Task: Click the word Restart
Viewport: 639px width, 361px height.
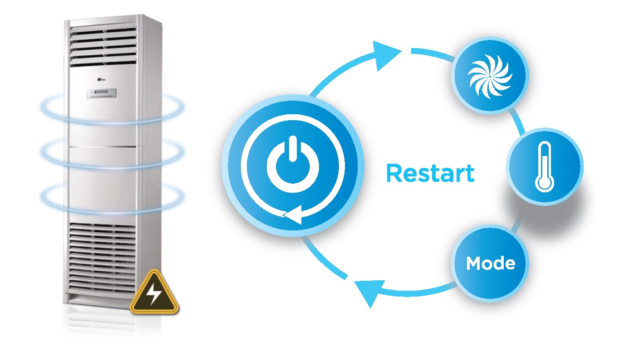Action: pos(430,173)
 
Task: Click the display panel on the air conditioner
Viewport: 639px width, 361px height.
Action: pos(103,94)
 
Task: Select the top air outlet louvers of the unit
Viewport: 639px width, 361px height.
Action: pos(103,45)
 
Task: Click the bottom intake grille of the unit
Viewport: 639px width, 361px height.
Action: pos(103,259)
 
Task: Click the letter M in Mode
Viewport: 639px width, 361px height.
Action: pos(473,263)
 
